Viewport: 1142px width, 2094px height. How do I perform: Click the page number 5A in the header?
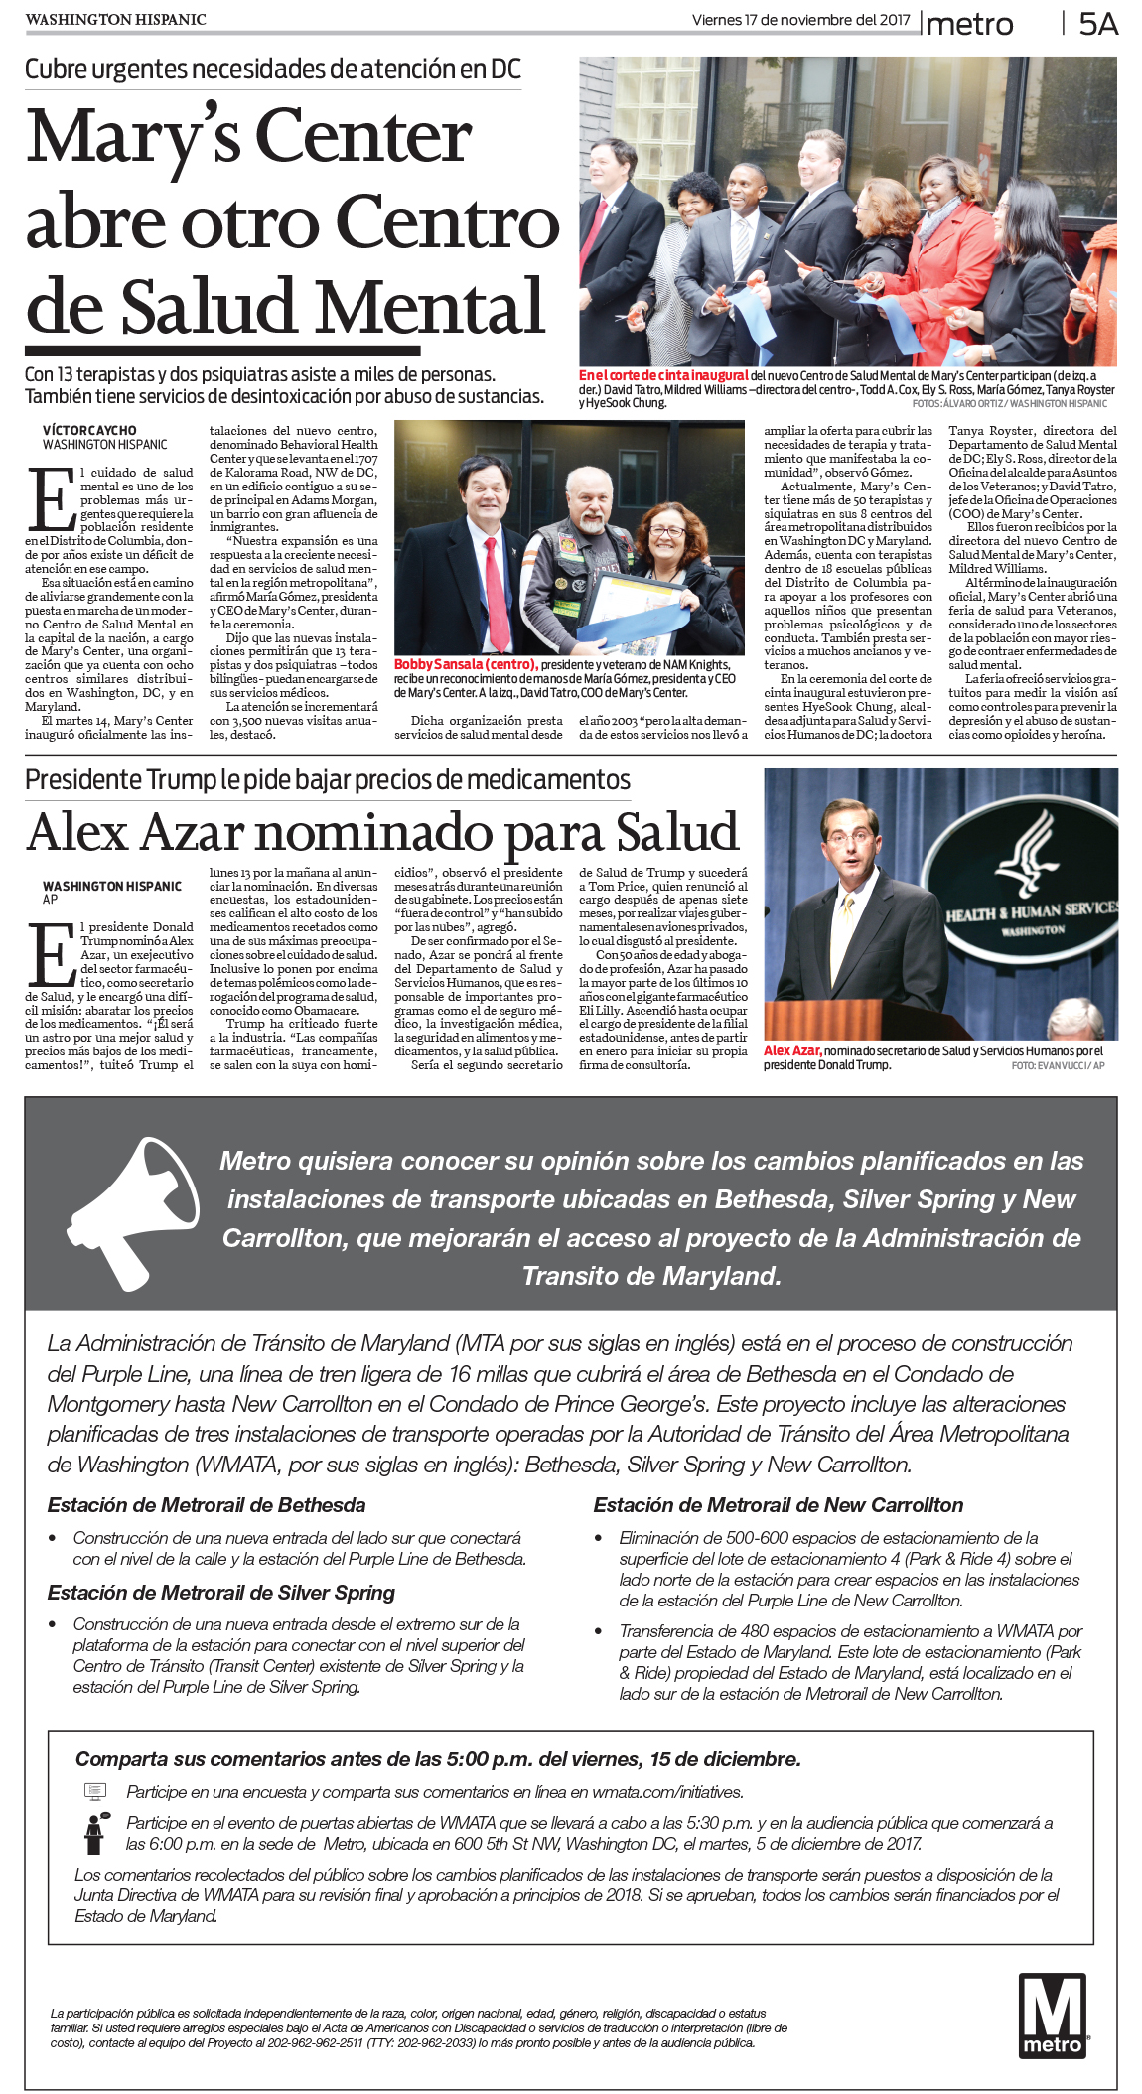(x=1097, y=24)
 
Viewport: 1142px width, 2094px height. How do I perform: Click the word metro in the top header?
(x=969, y=25)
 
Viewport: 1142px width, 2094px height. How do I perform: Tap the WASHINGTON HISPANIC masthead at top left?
(x=115, y=20)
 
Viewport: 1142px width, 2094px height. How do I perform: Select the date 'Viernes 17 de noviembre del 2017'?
(x=800, y=20)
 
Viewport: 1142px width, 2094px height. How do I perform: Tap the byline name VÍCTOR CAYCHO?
(x=89, y=431)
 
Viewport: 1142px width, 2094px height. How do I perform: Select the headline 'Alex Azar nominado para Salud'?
(x=382, y=832)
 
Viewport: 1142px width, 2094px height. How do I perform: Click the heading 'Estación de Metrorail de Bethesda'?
(x=207, y=1505)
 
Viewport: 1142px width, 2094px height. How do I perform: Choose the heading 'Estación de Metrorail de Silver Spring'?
(x=221, y=1593)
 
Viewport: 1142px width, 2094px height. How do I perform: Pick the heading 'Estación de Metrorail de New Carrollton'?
(x=779, y=1505)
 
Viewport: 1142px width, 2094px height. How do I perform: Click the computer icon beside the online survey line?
(x=95, y=1792)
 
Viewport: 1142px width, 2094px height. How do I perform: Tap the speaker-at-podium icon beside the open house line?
(x=95, y=1833)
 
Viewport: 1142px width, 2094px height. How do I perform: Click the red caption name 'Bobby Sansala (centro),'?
(x=466, y=664)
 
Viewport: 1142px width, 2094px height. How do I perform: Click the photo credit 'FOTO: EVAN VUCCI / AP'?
(x=1058, y=1065)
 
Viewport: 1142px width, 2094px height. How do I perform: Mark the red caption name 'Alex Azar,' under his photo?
(x=792, y=1050)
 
